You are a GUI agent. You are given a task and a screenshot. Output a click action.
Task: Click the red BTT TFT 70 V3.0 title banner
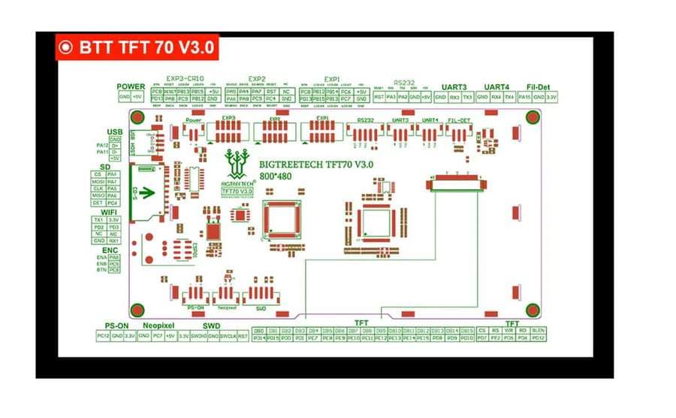pos(137,47)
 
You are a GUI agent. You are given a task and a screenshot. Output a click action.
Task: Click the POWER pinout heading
pos(131,86)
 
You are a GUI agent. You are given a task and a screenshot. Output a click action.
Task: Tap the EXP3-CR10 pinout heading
pos(185,78)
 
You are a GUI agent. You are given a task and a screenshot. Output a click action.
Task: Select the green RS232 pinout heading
pos(403,83)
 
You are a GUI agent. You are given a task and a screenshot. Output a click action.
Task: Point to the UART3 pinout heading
pos(454,86)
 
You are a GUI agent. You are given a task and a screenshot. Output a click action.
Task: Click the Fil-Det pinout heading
pos(539,86)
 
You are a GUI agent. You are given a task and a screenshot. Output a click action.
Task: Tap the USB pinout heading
pos(114,132)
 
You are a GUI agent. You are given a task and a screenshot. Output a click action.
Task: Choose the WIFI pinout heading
pos(110,212)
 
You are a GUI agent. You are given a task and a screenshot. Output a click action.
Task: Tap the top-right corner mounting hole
pos(533,117)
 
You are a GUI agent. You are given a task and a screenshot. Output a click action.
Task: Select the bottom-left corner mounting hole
pos(137,309)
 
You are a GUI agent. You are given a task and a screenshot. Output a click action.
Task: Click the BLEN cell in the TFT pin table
pos(538,330)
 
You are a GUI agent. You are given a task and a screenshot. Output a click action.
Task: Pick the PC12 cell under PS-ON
pos(104,335)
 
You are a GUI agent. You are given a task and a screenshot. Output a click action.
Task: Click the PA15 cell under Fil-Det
pos(525,97)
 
